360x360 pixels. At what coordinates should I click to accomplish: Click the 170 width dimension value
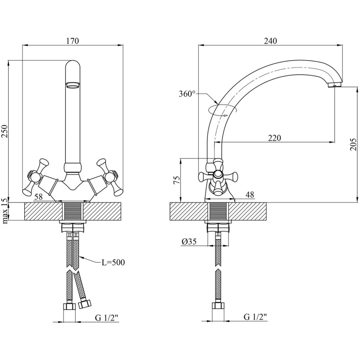pyautogui.click(x=72, y=41)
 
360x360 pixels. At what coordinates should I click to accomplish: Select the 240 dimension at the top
pyautogui.click(x=270, y=41)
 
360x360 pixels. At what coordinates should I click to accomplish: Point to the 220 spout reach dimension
pyautogui.click(x=274, y=138)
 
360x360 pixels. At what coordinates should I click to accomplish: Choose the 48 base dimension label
pyautogui.click(x=251, y=195)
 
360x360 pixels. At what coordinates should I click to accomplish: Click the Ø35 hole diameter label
pyautogui.click(x=190, y=242)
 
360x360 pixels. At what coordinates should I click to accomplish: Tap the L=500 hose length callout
pyautogui.click(x=112, y=262)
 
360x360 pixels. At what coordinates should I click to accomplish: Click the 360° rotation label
pyautogui.click(x=187, y=94)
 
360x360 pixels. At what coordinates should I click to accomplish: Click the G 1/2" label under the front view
pyautogui.click(x=106, y=318)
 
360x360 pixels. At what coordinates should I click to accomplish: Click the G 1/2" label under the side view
pyautogui.click(x=255, y=318)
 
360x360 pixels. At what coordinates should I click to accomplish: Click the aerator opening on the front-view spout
pyautogui.click(x=72, y=84)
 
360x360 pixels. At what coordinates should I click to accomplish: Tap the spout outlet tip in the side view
pyautogui.click(x=334, y=85)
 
